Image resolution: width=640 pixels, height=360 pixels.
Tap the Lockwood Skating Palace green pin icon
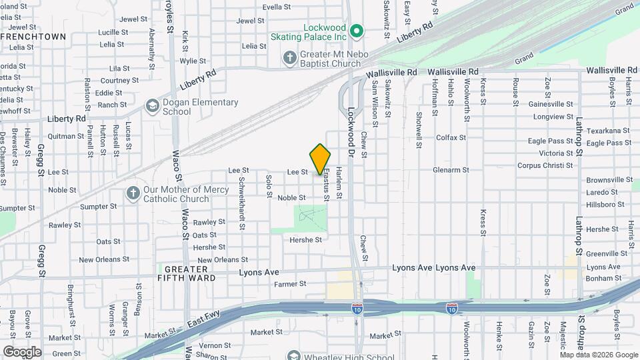[x=357, y=31]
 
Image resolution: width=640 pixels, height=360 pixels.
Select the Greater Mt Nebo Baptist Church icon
[x=289, y=57]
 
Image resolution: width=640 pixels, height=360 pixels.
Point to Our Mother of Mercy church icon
[x=133, y=194]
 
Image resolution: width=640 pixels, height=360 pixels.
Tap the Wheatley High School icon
[x=293, y=356]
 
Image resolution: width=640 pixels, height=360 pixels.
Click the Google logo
[x=22, y=351]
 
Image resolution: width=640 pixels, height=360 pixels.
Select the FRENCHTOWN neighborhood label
[x=33, y=36]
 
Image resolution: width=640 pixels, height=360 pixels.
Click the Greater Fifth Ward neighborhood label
[x=187, y=273]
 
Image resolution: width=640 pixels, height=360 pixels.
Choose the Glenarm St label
[x=451, y=170]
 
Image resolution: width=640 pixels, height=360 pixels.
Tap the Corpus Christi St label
[x=545, y=165]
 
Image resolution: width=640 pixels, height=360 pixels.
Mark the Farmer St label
[x=289, y=284]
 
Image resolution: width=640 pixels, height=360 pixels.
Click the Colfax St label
[x=451, y=138]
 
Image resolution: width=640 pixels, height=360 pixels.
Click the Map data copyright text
[x=598, y=354]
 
